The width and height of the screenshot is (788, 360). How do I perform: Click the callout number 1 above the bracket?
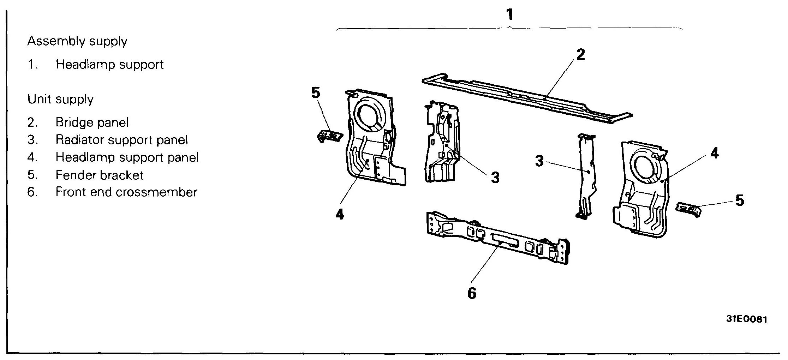coord(509,15)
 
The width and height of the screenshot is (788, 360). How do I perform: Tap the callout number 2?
coord(580,55)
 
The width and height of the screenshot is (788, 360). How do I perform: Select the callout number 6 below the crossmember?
coord(472,293)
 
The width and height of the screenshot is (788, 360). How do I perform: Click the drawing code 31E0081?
coord(746,319)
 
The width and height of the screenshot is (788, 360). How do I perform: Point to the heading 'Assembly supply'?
coord(77,42)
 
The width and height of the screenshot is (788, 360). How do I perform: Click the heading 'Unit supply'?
coord(60,100)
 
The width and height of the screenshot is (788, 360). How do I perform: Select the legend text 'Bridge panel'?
coord(92,122)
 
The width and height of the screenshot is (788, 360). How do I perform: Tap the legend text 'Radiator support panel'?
coord(121,140)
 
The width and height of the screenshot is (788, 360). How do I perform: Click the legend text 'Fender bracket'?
coord(100,175)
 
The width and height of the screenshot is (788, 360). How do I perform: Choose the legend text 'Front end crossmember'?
coord(126,192)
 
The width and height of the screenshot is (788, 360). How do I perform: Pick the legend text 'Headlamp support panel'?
coord(127,157)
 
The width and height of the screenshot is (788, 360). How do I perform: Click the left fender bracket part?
coord(329,136)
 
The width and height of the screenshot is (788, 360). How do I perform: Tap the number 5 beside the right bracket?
coord(740,200)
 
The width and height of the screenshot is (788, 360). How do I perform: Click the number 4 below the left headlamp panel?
coord(339,214)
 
